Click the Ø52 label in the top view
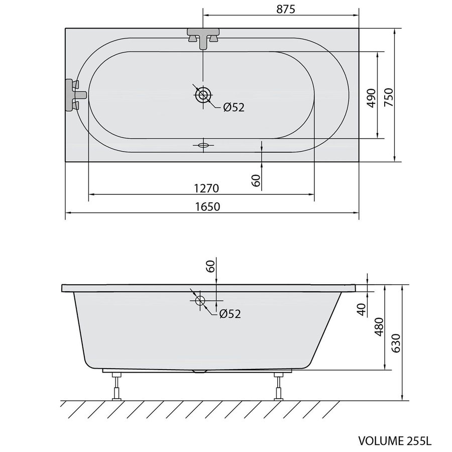tap(233, 107)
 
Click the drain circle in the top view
tap(203, 94)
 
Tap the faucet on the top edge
tap(203, 38)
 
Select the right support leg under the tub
tap(278, 386)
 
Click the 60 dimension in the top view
tap(256, 180)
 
